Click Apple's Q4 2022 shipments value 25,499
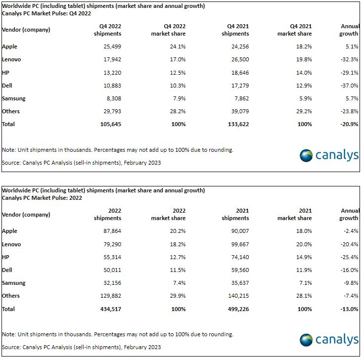click(x=112, y=46)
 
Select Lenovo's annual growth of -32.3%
click(x=349, y=59)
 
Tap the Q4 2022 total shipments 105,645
click(x=111, y=124)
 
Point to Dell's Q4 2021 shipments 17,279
click(x=240, y=86)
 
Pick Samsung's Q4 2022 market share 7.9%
click(x=179, y=98)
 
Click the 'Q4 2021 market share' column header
click(x=294, y=30)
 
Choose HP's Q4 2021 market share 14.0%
click(x=304, y=73)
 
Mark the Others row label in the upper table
click(x=11, y=111)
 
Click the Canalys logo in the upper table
click(x=329, y=155)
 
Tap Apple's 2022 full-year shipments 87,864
click(x=112, y=231)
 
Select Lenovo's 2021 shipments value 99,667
click(x=240, y=244)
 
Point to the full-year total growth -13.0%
click(x=349, y=309)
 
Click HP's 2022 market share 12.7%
click(x=178, y=257)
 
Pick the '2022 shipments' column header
click(x=107, y=215)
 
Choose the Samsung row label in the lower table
click(x=14, y=283)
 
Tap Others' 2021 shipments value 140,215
click(x=238, y=296)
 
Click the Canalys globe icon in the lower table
click(x=306, y=340)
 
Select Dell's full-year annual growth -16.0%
click(x=349, y=270)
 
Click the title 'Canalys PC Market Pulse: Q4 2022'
click(x=46, y=13)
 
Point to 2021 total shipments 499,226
click(x=238, y=309)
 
